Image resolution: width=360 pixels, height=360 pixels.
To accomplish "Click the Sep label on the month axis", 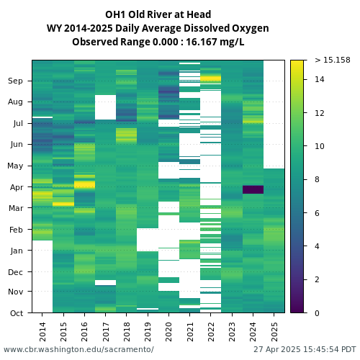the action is pos(15,81).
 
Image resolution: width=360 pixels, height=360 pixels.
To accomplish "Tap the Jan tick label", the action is pos(17,251).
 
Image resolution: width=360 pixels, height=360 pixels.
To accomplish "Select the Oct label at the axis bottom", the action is pos(17,313).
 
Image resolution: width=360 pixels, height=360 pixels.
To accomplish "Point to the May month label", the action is pos(15,166).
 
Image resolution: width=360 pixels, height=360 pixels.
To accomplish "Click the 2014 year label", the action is pos(42,332).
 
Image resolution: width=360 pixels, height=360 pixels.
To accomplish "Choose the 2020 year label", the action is pos(168,332).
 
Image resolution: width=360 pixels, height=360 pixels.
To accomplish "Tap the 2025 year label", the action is pos(274,332).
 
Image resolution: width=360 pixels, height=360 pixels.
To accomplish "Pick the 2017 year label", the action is pos(106,332).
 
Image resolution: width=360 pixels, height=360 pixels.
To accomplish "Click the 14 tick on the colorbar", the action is pos(319,79).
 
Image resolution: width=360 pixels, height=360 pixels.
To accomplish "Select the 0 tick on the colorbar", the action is pos(317,313).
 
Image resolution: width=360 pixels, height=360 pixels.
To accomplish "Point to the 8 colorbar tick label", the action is pos(317,179).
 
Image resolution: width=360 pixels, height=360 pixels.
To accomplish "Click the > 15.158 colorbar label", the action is pos(333,60).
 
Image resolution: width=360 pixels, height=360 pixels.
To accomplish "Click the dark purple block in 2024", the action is pos(253,189).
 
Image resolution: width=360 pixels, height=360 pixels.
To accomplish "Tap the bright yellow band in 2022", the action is pos(210,78).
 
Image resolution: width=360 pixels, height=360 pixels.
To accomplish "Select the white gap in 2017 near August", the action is pos(105,107).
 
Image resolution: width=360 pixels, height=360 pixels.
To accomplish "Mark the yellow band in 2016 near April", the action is pos(84,185).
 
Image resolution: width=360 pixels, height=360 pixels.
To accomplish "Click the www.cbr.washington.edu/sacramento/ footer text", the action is pos(78,349).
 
